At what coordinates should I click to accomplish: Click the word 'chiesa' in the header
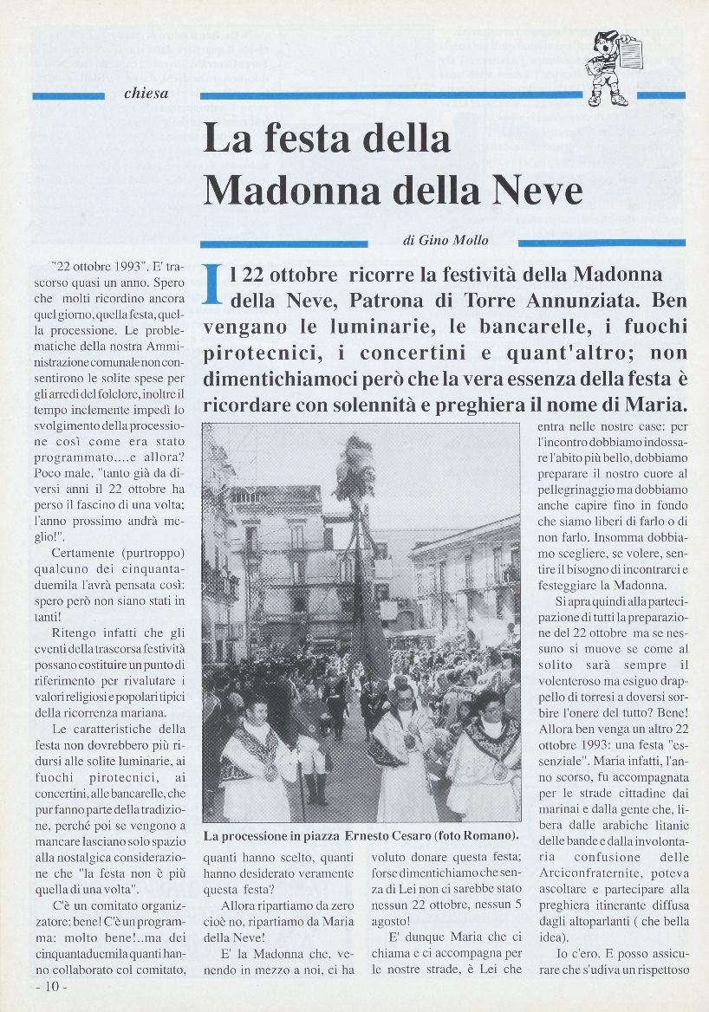[x=146, y=94]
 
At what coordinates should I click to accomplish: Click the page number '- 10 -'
[x=52, y=987]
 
